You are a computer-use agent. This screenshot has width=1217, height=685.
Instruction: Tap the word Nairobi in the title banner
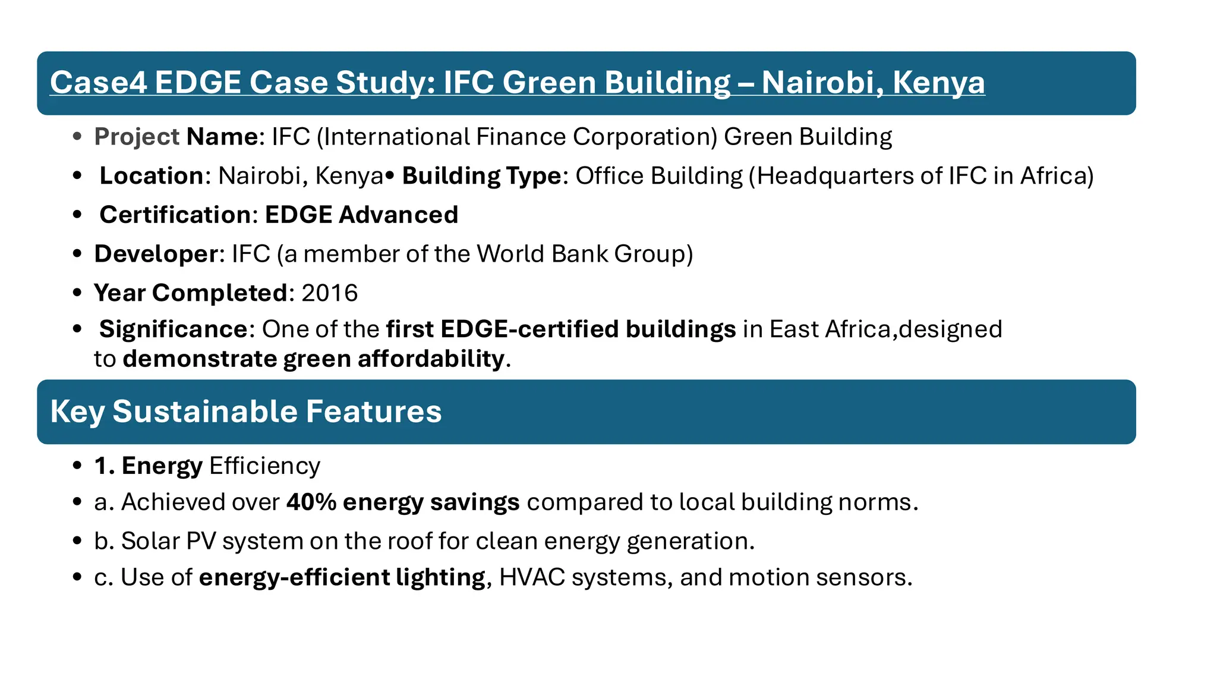tap(818, 82)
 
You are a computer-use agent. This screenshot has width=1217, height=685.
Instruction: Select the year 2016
tap(329, 293)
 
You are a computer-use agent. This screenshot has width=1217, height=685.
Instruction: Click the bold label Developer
tap(156, 254)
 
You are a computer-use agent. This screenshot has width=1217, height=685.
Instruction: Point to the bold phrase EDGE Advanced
tap(361, 215)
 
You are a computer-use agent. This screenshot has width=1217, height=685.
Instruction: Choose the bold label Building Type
tap(481, 176)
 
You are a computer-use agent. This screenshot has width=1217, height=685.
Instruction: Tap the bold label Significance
tap(173, 329)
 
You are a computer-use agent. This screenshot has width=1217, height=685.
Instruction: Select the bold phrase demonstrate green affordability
tap(314, 359)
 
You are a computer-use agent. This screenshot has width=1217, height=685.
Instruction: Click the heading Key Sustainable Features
tap(246, 411)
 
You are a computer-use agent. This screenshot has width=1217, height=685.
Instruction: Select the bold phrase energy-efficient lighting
tap(342, 577)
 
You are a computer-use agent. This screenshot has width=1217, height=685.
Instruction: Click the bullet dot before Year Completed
tap(77, 293)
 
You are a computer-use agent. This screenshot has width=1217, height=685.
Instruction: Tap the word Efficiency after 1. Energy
tap(264, 466)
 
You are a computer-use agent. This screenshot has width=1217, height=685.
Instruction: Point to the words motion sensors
tap(819, 577)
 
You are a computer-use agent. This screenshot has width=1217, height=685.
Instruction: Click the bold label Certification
tap(175, 215)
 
